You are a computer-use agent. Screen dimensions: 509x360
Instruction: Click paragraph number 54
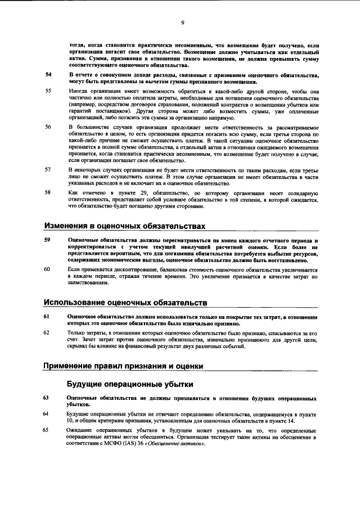[48, 75]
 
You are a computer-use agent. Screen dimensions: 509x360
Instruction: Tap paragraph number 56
[48, 127]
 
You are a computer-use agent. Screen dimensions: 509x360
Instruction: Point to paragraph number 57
[48, 169]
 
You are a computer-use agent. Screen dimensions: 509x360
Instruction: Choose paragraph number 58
[48, 192]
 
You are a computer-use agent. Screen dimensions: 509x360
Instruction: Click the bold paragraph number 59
[48, 240]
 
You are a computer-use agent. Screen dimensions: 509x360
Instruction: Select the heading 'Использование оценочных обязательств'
[125, 303]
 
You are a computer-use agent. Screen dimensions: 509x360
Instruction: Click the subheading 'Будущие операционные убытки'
[130, 384]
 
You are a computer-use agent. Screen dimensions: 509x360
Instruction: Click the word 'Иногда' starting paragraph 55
[77, 91]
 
